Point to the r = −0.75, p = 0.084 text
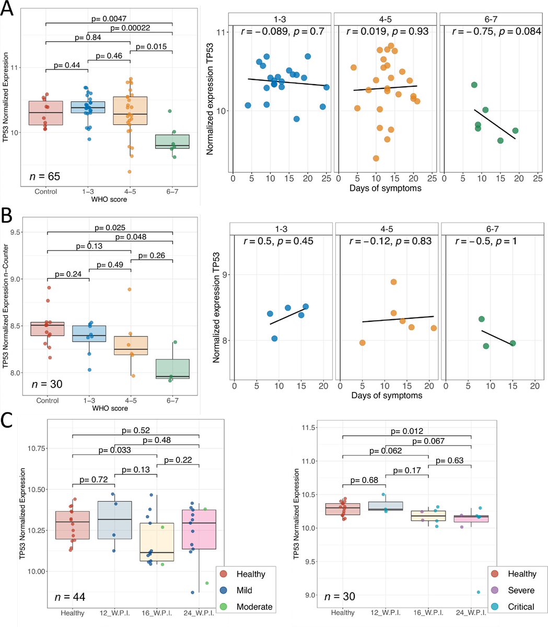[491, 31]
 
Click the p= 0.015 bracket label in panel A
[151, 47]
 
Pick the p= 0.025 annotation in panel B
[110, 228]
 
